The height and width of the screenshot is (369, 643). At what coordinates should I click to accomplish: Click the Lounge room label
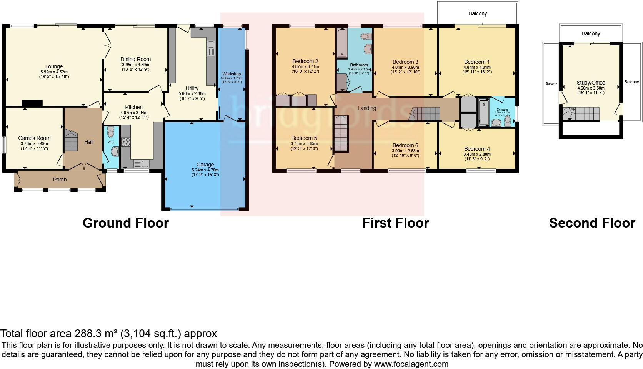[x=54, y=66]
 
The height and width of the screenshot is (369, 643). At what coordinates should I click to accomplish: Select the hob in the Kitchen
[x=126, y=142]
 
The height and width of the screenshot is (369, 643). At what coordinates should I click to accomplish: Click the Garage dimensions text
[x=205, y=172]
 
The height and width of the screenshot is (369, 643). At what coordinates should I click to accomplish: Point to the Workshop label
[x=232, y=74]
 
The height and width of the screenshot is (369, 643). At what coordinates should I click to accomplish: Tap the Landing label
[x=366, y=108]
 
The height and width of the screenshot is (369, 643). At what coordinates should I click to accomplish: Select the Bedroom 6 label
[x=405, y=145]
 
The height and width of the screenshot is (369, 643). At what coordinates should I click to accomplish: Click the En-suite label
[x=502, y=110]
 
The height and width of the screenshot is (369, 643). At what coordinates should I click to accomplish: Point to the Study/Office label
[x=591, y=83]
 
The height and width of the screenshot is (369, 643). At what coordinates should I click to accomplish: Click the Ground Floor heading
[x=125, y=223]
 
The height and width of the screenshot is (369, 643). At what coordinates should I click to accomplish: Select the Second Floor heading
[x=592, y=223]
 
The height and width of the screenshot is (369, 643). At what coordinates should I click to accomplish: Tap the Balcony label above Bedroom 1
[x=478, y=13]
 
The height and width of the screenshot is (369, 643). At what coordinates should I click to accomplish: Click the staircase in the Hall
[x=70, y=141]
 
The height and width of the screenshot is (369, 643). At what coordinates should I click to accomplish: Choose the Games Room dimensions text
[x=34, y=146]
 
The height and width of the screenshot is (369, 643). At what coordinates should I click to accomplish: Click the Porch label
[x=60, y=180]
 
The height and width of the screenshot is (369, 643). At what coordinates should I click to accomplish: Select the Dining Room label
[x=135, y=59]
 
